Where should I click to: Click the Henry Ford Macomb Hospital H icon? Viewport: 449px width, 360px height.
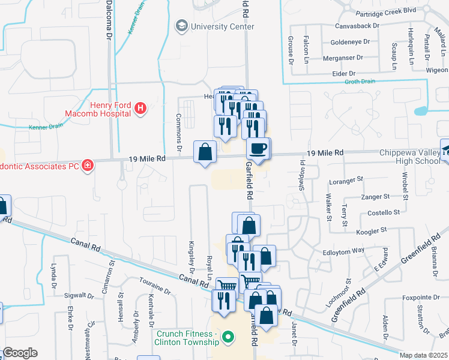click(140, 109)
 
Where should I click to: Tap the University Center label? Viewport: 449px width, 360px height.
click(222, 26)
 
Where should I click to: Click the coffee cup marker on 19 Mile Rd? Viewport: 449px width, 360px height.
click(258, 148)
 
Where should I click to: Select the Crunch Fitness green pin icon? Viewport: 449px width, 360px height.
click(228, 338)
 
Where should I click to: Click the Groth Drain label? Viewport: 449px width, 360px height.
click(360, 81)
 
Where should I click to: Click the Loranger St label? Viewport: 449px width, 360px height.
click(348, 179)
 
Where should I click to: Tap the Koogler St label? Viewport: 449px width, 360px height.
click(372, 231)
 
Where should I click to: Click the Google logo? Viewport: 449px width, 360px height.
click(20, 352)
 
